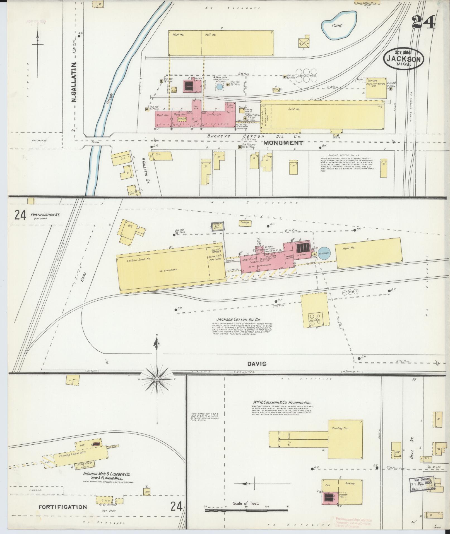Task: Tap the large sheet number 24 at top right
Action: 423,22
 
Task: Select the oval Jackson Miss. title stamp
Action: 404,59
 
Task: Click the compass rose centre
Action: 157,379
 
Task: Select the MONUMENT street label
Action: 283,143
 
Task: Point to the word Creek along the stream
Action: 109,99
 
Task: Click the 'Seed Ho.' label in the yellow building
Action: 294,109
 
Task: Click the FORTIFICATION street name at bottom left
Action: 62,507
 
